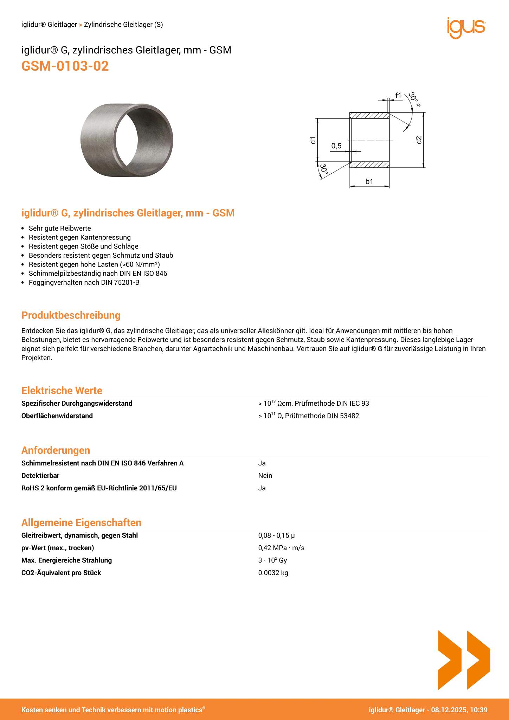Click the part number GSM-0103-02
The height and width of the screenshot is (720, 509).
click(65, 66)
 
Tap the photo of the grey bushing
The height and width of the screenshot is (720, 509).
click(127, 140)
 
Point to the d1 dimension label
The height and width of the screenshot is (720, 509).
click(313, 140)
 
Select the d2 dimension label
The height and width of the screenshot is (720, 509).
click(418, 140)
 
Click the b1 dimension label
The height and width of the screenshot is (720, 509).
click(369, 181)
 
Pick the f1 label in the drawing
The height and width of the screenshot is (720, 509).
click(398, 95)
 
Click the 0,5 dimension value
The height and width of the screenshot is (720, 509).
click(336, 146)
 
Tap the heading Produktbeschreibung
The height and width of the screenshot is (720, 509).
click(71, 315)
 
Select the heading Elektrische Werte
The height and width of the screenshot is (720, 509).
click(62, 390)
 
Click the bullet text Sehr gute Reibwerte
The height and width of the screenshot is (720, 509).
click(60, 228)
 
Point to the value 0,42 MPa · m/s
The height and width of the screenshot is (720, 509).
click(281, 548)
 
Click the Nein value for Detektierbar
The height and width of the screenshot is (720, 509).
click(265, 475)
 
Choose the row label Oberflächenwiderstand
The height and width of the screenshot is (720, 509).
click(57, 416)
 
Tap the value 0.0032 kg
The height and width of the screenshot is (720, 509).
click(273, 573)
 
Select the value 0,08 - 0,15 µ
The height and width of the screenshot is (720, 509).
click(276, 535)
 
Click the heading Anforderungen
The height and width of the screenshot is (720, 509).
click(56, 450)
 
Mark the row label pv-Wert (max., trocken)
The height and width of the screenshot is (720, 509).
click(58, 548)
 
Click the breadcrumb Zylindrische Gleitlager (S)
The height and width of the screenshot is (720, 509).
click(123, 25)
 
